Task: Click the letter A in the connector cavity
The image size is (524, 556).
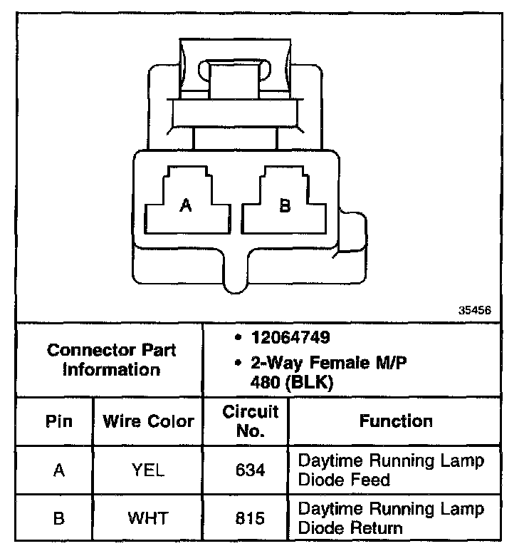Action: click(x=186, y=205)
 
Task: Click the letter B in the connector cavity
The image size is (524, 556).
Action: click(x=285, y=205)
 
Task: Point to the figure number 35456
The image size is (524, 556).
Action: click(x=475, y=310)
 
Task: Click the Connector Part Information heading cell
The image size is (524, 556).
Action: click(x=111, y=360)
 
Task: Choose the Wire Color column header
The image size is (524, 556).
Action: click(x=148, y=421)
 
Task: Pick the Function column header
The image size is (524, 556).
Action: click(x=396, y=421)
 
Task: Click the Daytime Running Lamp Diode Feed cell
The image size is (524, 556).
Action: click(x=391, y=470)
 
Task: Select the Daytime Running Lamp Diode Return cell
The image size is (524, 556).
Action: click(x=391, y=518)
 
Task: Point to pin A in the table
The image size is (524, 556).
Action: click(x=59, y=470)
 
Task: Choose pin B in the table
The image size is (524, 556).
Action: click(x=59, y=518)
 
